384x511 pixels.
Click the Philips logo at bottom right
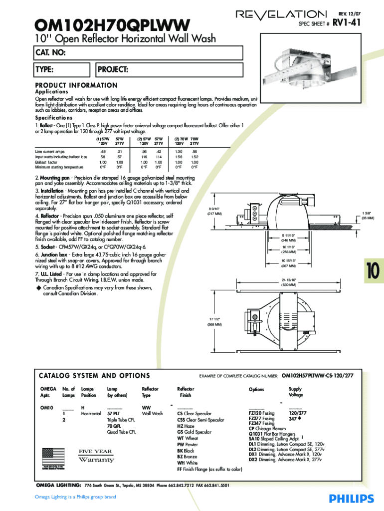351,499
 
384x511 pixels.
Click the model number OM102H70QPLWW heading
113,24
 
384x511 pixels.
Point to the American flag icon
53,456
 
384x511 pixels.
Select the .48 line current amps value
103,151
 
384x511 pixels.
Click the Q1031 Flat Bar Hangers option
272,434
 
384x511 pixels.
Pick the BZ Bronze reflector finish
187,457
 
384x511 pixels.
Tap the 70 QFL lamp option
114,426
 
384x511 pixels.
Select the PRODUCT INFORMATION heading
76,85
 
